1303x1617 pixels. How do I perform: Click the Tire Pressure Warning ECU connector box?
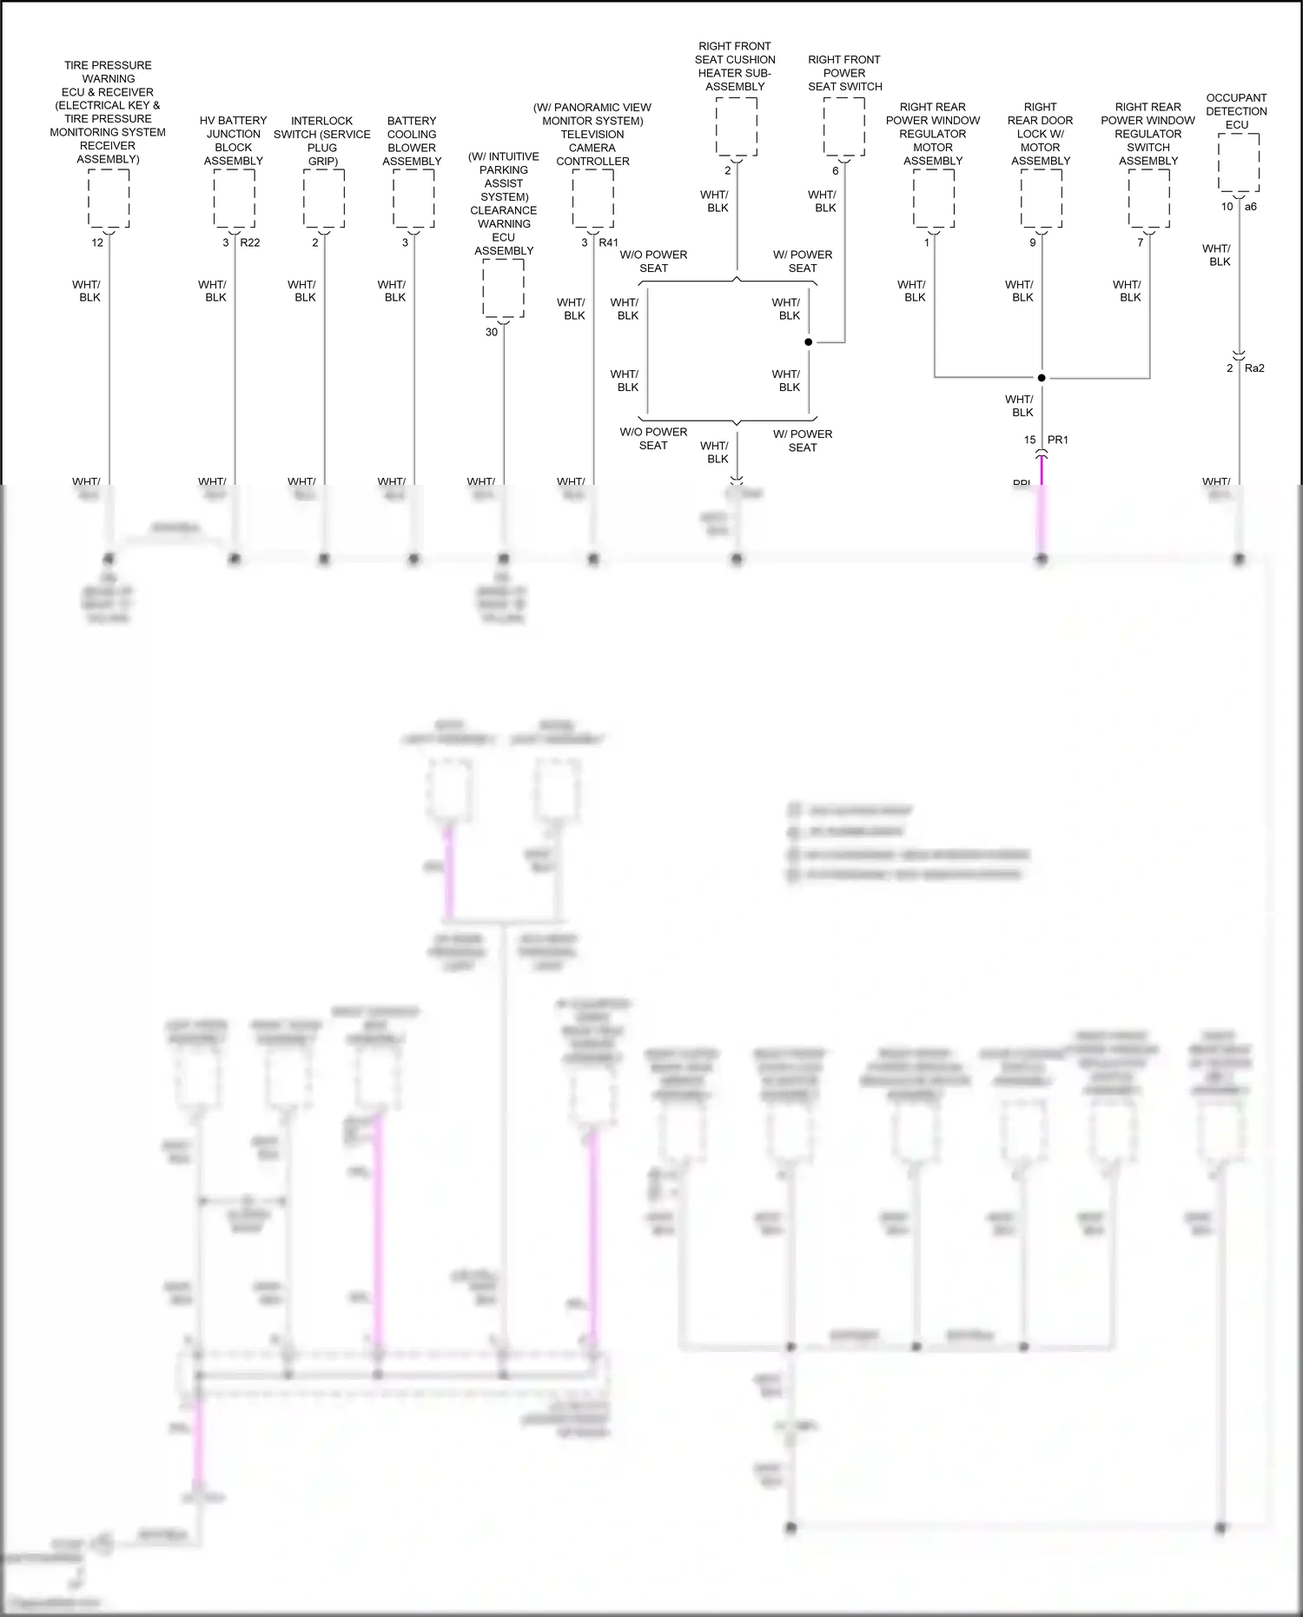(x=109, y=199)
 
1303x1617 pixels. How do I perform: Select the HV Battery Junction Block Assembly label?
(x=233, y=141)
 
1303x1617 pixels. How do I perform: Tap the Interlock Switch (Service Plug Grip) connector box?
(x=323, y=199)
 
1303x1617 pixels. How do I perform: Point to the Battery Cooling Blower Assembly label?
(x=412, y=141)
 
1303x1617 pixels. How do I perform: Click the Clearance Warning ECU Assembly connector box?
(x=503, y=288)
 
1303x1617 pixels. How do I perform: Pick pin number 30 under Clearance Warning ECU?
(x=492, y=332)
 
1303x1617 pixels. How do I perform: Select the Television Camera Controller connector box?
(x=592, y=199)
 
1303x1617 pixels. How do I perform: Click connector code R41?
(x=608, y=242)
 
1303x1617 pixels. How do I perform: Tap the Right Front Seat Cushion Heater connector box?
(x=736, y=127)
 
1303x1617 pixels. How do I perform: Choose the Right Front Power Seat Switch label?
(x=844, y=73)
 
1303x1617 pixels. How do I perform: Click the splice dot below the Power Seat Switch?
(x=808, y=342)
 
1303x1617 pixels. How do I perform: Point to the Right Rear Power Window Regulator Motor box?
(x=933, y=199)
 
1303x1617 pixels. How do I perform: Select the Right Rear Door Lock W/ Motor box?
(x=1041, y=199)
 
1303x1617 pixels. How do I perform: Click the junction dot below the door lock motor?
(x=1042, y=378)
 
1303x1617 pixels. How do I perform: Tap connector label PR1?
(x=1058, y=440)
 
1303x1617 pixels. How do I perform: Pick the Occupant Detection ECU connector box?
(x=1238, y=163)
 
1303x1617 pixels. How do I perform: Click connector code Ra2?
(x=1254, y=368)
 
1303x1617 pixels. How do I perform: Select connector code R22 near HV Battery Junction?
(x=250, y=242)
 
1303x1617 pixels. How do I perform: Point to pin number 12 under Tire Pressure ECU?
(x=97, y=242)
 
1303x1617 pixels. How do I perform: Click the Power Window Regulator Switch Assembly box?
(x=1148, y=199)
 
